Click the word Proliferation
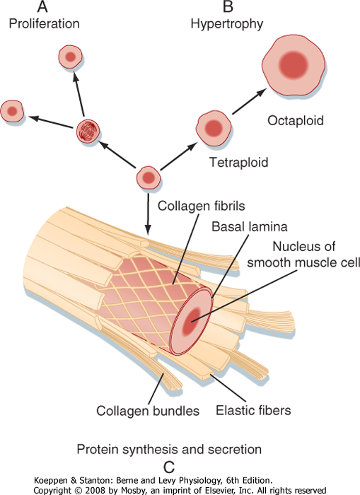click(45, 23)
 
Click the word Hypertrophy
click(227, 24)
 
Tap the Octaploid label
click(296, 121)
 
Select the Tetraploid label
click(239, 162)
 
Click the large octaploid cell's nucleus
click(293, 65)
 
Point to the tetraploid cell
click(214, 128)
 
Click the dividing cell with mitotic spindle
click(88, 131)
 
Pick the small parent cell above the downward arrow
click(149, 177)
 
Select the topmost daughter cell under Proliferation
click(70, 57)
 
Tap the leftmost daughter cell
click(12, 112)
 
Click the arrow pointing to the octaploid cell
click(249, 101)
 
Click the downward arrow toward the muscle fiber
click(148, 214)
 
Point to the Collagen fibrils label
click(201, 206)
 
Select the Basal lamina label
click(250, 227)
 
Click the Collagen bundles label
click(148, 411)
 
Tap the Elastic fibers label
click(253, 410)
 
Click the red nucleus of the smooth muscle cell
click(192, 320)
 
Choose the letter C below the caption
click(169, 467)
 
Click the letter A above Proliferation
click(42, 6)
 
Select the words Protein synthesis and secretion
click(169, 449)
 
